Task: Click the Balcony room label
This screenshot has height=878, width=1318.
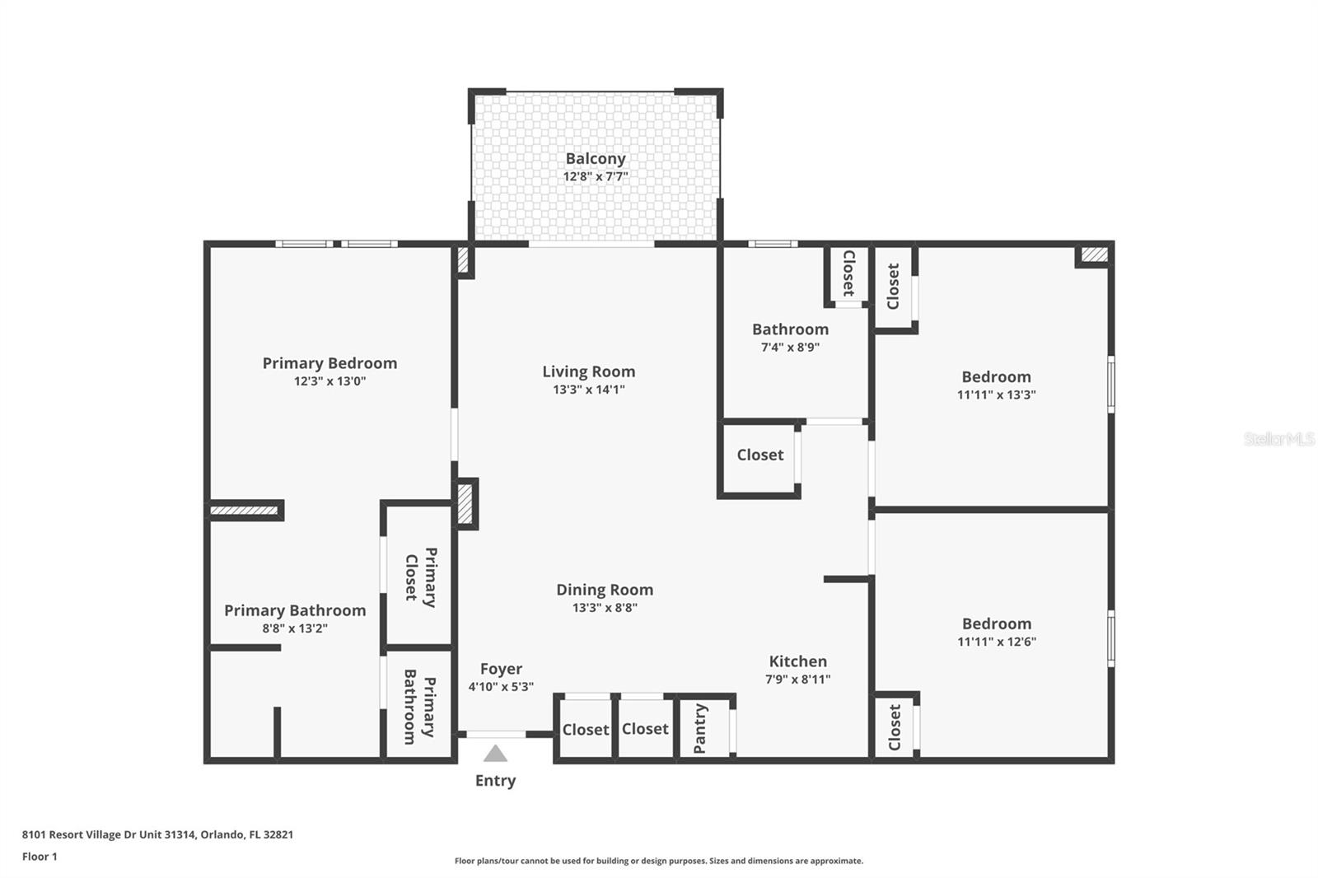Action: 595,158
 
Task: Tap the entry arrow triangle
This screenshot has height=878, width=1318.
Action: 495,754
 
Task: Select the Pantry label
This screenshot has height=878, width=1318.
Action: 700,728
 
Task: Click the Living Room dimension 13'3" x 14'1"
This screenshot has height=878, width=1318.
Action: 588,390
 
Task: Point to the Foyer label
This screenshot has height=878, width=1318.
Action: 501,669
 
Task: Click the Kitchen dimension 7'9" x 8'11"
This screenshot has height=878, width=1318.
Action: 797,680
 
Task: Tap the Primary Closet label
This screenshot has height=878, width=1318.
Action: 420,577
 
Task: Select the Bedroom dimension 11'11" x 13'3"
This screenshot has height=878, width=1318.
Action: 996,395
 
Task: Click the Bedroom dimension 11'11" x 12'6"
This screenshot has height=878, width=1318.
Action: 996,642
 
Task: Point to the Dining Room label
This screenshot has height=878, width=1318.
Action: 605,590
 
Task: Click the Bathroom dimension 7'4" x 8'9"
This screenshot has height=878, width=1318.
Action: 789,348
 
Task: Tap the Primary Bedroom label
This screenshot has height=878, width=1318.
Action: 329,363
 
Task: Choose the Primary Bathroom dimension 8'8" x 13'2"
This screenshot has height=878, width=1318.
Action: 294,628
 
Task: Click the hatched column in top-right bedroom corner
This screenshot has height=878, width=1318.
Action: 1094,255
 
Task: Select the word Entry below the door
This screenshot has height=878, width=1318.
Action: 495,781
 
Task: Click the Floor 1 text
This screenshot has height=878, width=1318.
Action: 40,857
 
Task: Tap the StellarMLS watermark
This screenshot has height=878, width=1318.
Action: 1278,439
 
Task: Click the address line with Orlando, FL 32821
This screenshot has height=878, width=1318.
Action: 157,834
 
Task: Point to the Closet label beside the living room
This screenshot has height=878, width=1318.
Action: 759,455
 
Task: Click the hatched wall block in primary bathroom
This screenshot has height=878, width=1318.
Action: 244,511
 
